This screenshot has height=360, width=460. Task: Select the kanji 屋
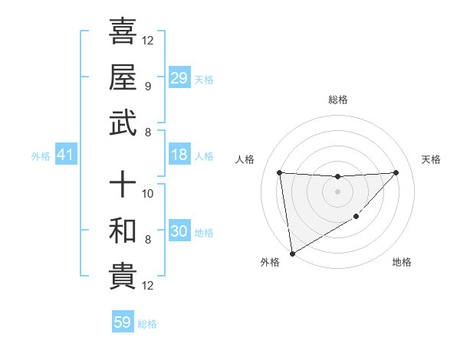123,77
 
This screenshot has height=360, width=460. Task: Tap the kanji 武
123,123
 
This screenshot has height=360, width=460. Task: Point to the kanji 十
123,185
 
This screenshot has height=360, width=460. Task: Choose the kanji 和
123,231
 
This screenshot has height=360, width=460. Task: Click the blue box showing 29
179,78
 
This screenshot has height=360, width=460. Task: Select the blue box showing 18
179,155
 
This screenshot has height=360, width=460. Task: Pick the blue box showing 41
66,155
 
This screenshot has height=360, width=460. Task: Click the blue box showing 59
123,322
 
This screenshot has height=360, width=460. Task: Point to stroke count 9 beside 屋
147,86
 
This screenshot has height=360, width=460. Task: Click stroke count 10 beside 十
149,193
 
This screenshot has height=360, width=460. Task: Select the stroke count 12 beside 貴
149,286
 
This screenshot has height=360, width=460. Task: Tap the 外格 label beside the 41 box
41,156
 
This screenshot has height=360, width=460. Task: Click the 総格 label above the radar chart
337,100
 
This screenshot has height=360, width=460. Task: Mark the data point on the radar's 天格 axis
396,172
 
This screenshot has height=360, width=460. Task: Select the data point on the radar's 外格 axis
292,253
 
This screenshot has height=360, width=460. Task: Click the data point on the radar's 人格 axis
279,172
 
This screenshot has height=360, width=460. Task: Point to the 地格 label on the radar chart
402,262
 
